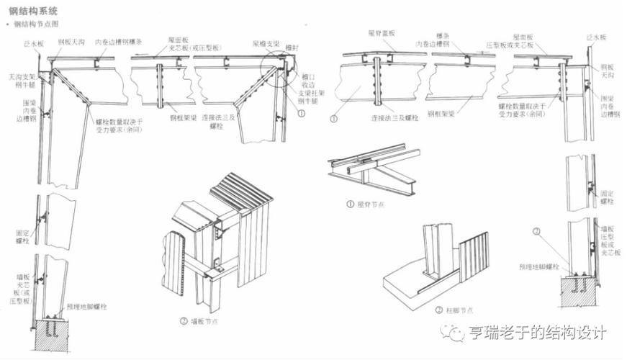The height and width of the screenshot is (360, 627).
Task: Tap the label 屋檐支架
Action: click(266, 44)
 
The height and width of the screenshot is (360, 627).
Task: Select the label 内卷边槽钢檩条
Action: click(119, 42)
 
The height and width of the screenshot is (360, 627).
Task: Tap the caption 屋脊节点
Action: click(370, 204)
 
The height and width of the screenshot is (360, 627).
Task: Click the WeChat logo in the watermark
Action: click(455, 333)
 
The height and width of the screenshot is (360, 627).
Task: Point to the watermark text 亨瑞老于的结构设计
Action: click(537, 333)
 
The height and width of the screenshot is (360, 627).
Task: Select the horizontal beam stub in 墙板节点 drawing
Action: click(212, 271)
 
